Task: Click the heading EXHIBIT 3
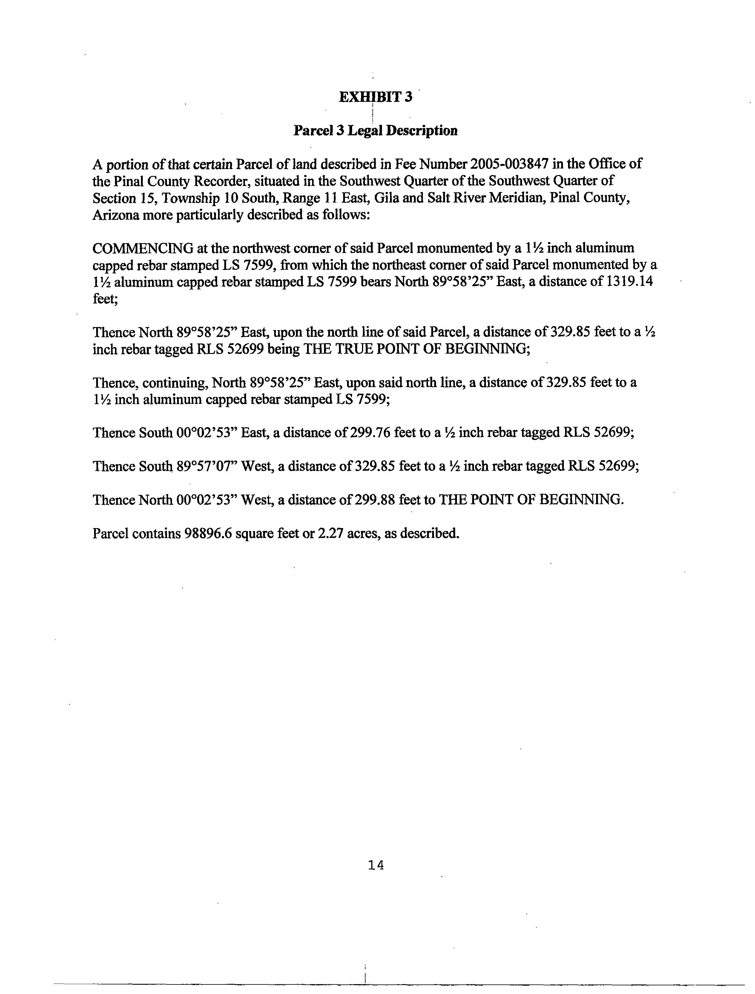click(375, 97)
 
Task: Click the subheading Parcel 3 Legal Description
click(375, 131)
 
